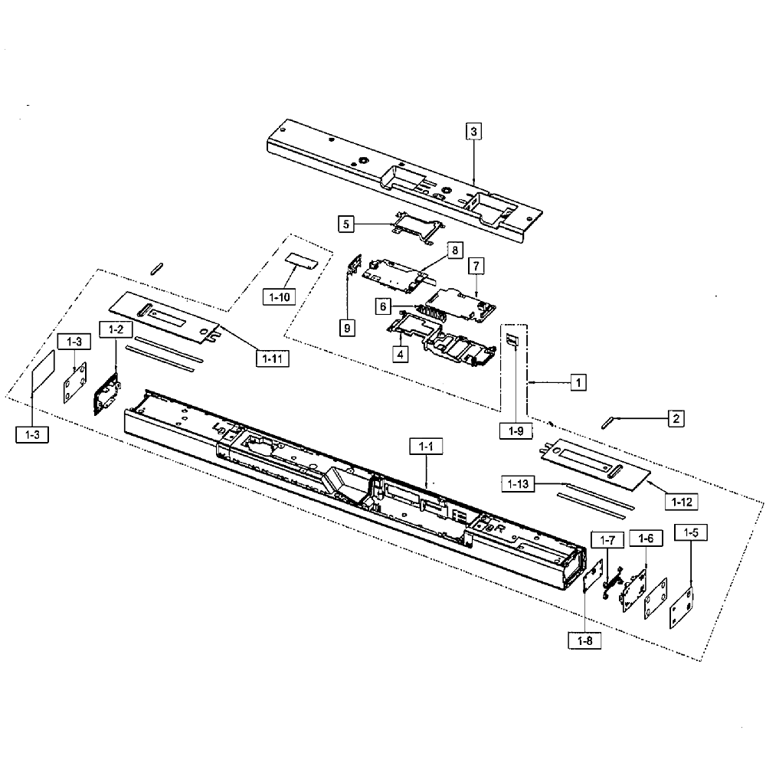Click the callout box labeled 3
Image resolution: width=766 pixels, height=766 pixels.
pos(473,131)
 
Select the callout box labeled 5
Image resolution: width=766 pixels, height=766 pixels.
pos(346,224)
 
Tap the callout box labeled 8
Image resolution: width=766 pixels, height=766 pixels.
pos(455,250)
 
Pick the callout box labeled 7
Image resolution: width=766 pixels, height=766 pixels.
pos(476,267)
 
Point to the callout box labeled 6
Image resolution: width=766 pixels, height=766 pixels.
pos(383,306)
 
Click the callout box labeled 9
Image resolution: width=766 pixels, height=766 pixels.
pos(347,328)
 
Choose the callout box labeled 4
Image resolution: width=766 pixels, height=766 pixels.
pos(400,354)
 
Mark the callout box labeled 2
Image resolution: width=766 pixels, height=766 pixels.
pos(676,418)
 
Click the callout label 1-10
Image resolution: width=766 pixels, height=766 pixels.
pos(280,297)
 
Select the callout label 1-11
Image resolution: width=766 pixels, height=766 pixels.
pos(273,359)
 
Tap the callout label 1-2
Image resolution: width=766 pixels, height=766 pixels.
pos(116,329)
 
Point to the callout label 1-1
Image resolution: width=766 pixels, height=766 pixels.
pos(426,447)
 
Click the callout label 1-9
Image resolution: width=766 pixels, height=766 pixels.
pos(516,430)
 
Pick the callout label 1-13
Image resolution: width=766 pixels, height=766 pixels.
pos(518,483)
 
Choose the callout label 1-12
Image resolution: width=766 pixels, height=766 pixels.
pos(682,502)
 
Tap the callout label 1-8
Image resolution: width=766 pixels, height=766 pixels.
pos(584,640)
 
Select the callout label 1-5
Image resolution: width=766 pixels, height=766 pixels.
pos(691,532)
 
